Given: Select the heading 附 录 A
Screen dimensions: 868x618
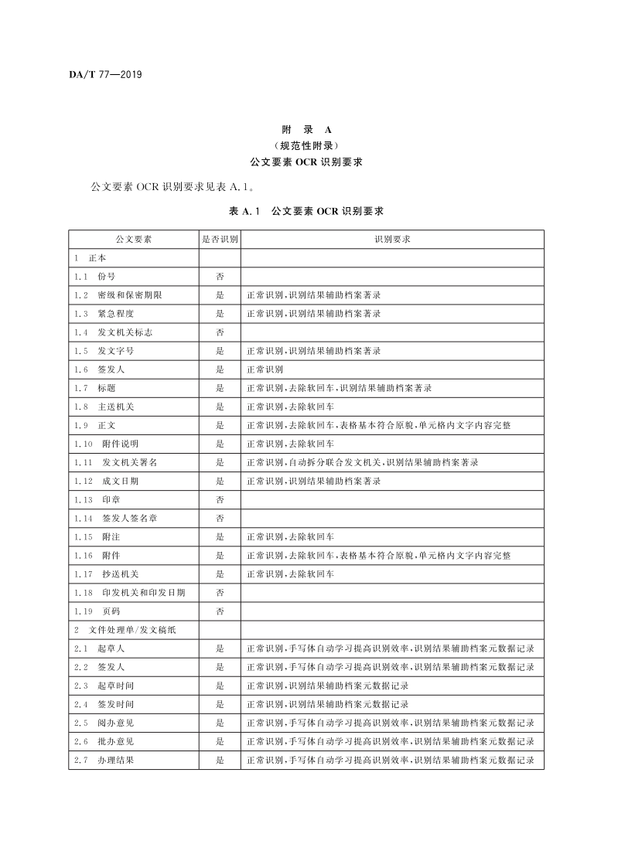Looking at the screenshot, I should [306, 130].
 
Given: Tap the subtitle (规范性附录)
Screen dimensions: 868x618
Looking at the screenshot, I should [306, 145].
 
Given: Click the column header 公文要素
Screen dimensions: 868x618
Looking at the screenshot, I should [133, 240].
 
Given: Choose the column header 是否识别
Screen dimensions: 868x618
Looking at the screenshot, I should [220, 240].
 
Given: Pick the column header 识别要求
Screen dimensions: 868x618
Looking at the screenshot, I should [392, 240].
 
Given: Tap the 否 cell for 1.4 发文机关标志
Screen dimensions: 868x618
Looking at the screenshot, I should [220, 332].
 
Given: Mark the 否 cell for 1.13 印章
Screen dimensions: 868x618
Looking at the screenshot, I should [220, 499].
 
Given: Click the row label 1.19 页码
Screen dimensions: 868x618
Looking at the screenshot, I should [97, 611].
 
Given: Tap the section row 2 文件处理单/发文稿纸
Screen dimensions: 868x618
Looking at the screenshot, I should [125, 630].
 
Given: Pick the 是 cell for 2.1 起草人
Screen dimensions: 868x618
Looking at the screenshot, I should [220, 648].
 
